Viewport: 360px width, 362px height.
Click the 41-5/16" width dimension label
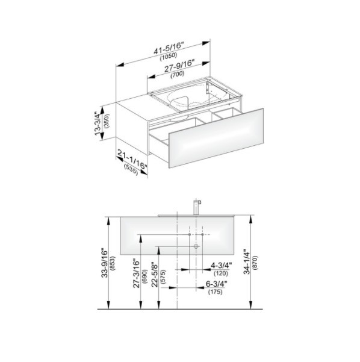(169, 48)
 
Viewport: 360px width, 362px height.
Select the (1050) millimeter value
(169, 57)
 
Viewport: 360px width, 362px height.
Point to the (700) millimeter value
(178, 74)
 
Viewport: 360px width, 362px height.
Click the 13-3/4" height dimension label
(98, 123)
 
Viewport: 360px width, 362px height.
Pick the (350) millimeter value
(107, 121)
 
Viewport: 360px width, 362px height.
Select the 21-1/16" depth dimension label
(132, 159)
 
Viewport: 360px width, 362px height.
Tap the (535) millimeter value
(131, 170)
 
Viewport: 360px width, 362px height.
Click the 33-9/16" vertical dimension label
(105, 263)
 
